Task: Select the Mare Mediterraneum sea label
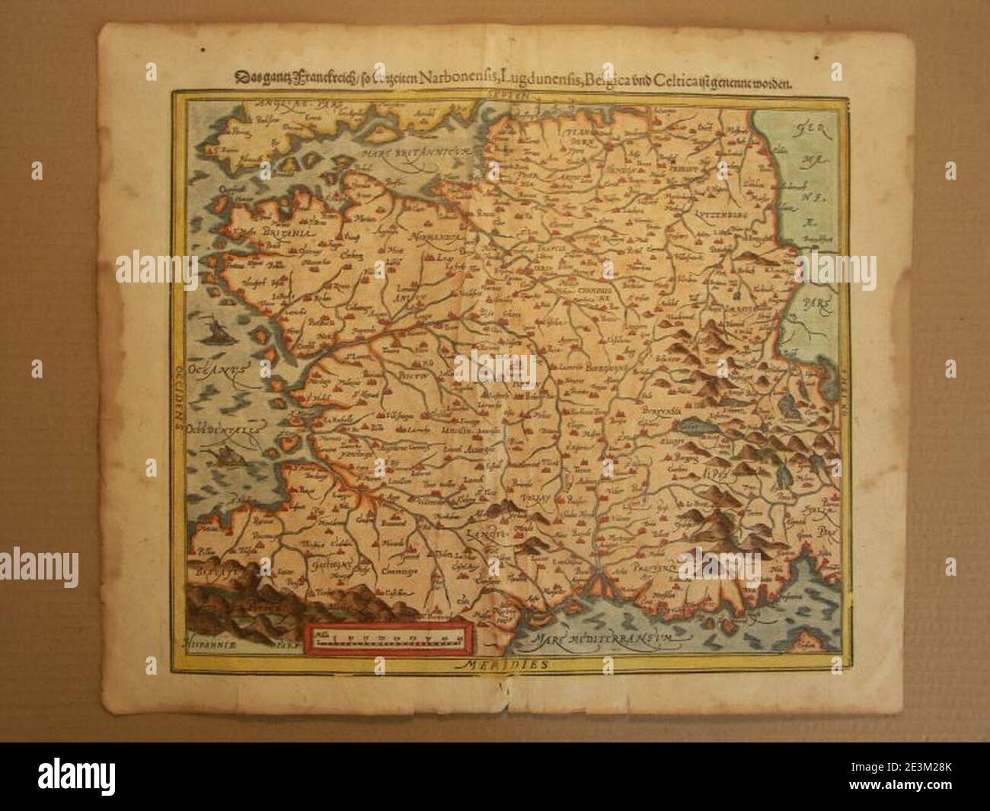coord(605,638)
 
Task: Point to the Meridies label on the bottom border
coord(507,664)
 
